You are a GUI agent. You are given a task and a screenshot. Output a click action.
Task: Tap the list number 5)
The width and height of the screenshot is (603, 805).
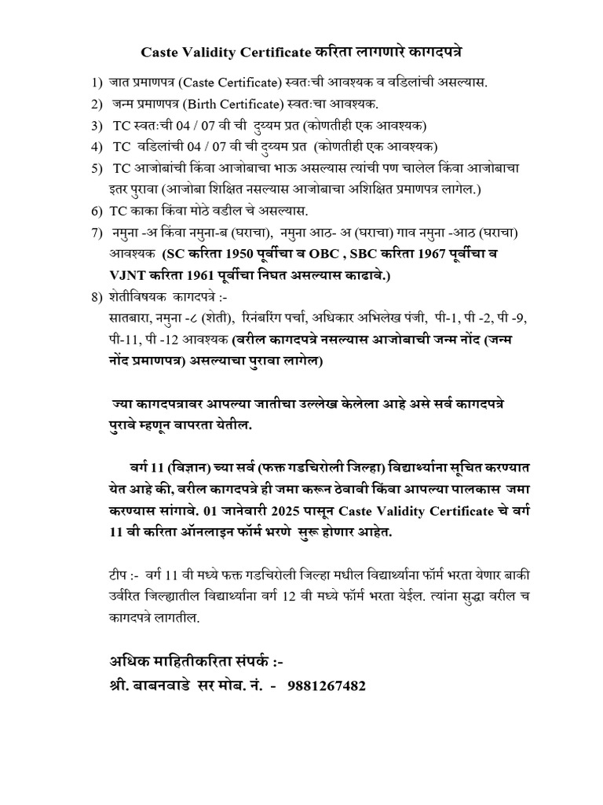[x=97, y=169]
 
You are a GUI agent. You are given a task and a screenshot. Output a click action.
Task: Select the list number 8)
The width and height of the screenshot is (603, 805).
[x=97, y=296]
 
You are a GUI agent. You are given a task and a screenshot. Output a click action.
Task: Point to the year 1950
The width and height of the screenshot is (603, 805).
[x=238, y=255]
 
